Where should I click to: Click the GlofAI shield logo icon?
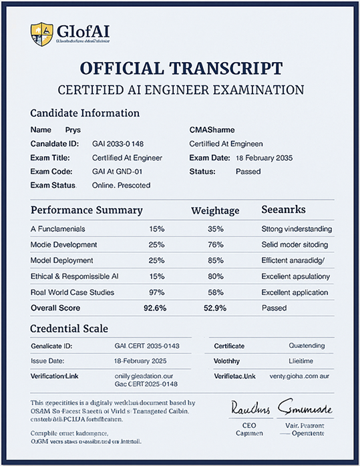coord(41,31)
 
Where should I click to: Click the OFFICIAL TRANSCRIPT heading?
coord(180,68)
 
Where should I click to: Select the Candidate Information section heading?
coord(85,113)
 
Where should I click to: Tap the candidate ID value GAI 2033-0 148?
coord(120,144)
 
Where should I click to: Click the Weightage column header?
coord(215,210)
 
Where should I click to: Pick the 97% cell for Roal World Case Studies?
coord(157,292)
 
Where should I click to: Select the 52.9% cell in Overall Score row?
coord(215,308)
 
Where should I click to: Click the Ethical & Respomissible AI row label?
coord(75,276)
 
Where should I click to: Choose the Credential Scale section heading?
coord(69,329)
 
